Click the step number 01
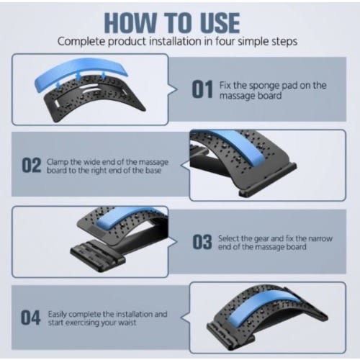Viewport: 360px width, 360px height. pyautogui.click(x=202, y=89)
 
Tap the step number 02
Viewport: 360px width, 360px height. pyautogui.click(x=32, y=165)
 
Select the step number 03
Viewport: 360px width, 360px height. pyautogui.click(x=202, y=242)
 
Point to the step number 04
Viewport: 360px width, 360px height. pyautogui.click(x=30, y=318)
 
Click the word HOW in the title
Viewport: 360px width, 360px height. pyautogui.click(x=131, y=22)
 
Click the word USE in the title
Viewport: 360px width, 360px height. pyautogui.click(x=220, y=22)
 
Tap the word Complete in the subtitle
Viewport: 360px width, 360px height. pyautogui.click(x=81, y=42)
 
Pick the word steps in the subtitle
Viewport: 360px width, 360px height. pyautogui.click(x=284, y=42)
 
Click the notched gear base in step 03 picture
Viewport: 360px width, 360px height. pyautogui.click(x=98, y=256)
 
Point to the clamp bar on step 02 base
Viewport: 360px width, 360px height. pyautogui.click(x=268, y=180)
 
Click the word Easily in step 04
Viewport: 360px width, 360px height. pyautogui.click(x=57, y=314)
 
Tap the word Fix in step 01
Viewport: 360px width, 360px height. pyautogui.click(x=225, y=86)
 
